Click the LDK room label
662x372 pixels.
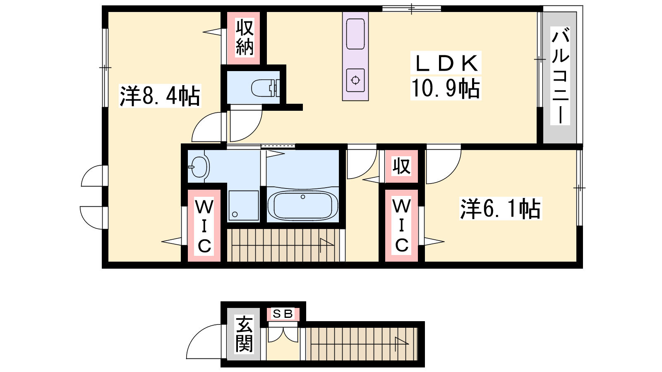[446, 63]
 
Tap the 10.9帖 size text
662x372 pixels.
[446, 88]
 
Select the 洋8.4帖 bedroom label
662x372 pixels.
[160, 95]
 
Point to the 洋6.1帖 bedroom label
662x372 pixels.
[500, 208]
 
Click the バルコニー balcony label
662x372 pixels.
[560, 76]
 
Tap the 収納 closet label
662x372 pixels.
[245, 37]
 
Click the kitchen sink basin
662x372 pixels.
[355, 34]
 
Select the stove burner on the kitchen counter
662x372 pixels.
[355, 80]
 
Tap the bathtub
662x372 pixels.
[302, 205]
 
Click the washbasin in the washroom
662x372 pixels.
[199, 167]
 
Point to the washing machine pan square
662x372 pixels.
[244, 205]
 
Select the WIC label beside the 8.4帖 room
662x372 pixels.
[204, 226]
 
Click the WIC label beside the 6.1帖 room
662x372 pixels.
[401, 226]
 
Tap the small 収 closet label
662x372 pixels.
[401, 166]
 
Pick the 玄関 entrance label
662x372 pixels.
[244, 334]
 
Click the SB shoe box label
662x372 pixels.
[283, 314]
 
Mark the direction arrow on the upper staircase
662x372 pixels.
[327, 246]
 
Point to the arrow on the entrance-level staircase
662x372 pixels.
[402, 343]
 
